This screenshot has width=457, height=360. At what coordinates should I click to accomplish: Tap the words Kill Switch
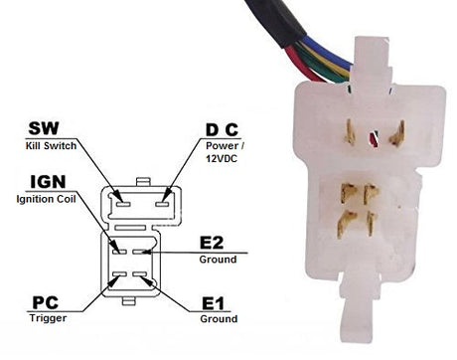51,145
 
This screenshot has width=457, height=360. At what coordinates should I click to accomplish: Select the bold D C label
222,130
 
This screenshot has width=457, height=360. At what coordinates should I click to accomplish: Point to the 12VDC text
222,159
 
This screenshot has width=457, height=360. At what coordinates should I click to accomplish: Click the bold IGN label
48,182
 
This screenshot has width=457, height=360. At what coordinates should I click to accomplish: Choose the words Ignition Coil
46,199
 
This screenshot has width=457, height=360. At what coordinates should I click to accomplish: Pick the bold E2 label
212,243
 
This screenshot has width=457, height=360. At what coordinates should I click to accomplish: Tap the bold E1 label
213,303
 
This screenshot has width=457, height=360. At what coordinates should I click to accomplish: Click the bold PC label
46,302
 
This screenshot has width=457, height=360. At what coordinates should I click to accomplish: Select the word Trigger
48,318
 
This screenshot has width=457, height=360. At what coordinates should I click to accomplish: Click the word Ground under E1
219,319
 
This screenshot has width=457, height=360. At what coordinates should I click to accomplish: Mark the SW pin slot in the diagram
122,204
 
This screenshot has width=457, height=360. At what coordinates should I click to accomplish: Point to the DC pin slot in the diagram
162,204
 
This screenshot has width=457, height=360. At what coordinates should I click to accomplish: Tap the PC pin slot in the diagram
119,274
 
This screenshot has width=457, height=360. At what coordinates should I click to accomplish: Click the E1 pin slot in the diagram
139,274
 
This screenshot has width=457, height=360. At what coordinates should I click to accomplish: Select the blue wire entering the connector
328,53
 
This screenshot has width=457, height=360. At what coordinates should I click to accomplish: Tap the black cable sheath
275,21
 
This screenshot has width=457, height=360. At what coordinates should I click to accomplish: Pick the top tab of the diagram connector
143,182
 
